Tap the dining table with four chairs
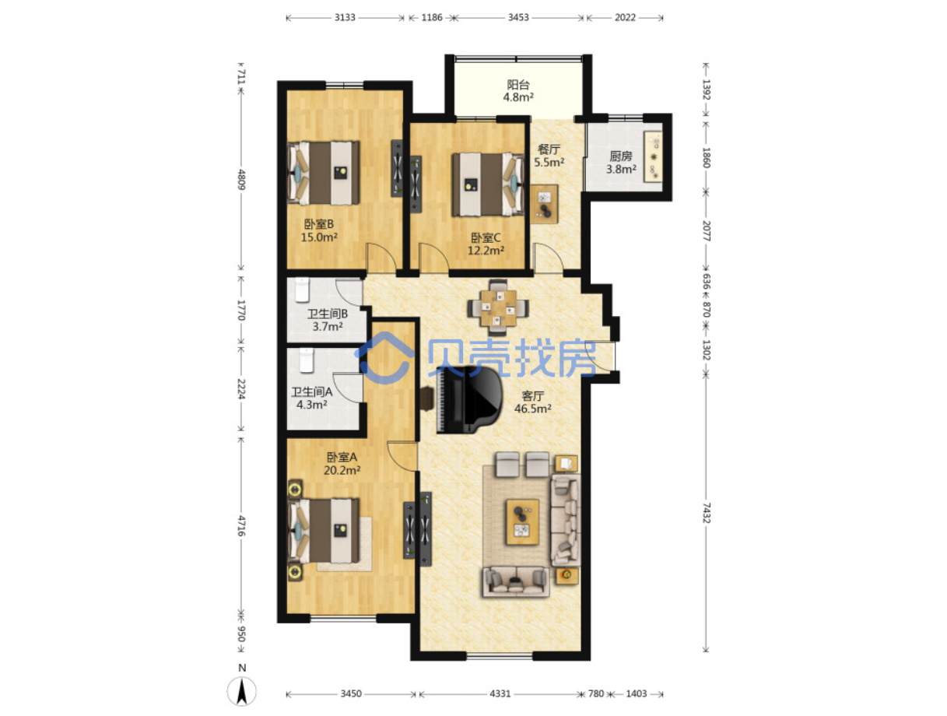(498, 307)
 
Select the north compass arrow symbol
(241, 690)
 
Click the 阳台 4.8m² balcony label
(517, 90)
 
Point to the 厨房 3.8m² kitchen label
(620, 162)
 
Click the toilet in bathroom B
(302, 290)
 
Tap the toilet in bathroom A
(306, 360)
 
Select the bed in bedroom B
(323, 173)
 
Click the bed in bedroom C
(488, 184)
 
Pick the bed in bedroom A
(324, 531)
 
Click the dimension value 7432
(706, 513)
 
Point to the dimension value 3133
(345, 17)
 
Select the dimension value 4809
(241, 180)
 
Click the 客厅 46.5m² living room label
(532, 402)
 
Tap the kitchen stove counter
(653, 156)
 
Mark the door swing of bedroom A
(402, 456)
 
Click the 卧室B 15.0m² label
(319, 230)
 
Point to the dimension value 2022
(625, 17)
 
